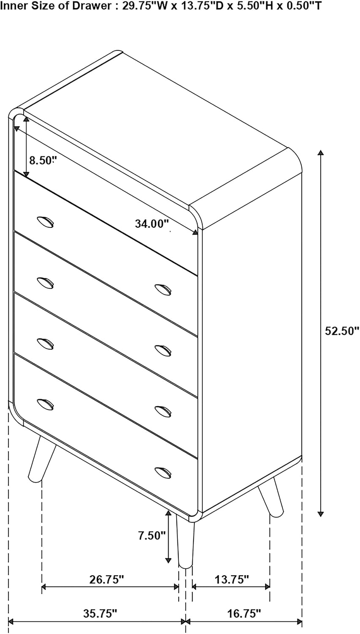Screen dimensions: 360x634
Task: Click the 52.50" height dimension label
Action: pyautogui.click(x=341, y=331)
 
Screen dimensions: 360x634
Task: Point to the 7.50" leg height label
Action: pyautogui.click(x=151, y=536)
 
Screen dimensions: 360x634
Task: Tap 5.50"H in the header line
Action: pyautogui.click(x=255, y=6)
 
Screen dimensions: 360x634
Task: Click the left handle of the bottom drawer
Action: pyautogui.click(x=45, y=403)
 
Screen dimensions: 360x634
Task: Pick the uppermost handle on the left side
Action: pyautogui.click(x=45, y=222)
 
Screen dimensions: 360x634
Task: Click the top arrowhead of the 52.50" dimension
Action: pyautogui.click(x=320, y=153)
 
